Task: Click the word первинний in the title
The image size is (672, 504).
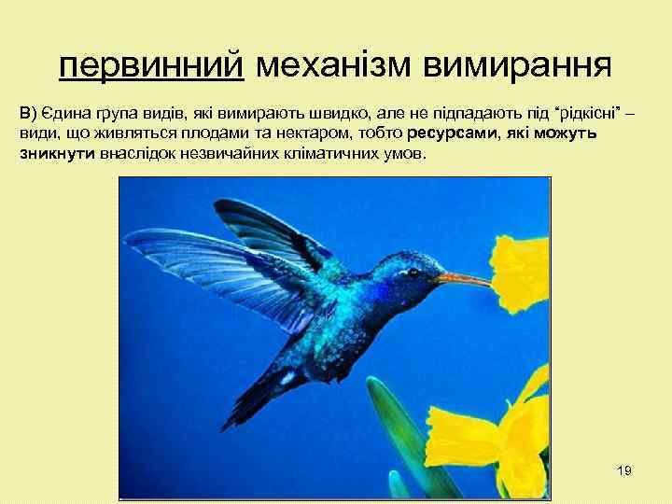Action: [x=150, y=65]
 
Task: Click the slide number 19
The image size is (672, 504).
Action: [x=624, y=470]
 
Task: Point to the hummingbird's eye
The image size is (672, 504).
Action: [x=413, y=273]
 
